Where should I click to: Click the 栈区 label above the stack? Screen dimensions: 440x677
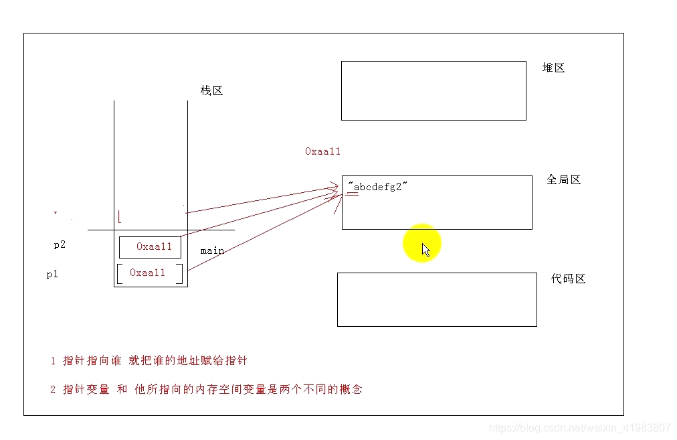(211, 90)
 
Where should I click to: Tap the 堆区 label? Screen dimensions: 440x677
(553, 68)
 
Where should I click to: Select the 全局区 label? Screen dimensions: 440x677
(563, 179)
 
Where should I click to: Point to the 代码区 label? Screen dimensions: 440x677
(568, 279)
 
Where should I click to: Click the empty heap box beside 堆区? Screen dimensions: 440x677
(433, 90)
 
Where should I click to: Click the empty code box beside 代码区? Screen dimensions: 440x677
(437, 299)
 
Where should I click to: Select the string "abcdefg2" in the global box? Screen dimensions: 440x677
(378, 187)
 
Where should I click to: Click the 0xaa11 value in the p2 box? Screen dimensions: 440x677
(154, 246)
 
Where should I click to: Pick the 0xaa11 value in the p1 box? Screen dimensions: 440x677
(147, 273)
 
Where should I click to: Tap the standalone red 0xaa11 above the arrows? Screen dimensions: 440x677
(322, 151)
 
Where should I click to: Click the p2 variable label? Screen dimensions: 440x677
(60, 244)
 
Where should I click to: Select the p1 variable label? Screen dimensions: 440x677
(52, 274)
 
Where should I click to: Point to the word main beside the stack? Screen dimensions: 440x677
(212, 250)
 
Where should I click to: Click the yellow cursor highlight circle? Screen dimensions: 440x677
(422, 244)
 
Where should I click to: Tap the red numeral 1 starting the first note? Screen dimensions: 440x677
(53, 361)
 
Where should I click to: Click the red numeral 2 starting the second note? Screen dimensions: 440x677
(53, 389)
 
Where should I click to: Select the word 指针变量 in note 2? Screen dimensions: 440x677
(86, 389)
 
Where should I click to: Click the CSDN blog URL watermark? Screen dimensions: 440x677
(579, 427)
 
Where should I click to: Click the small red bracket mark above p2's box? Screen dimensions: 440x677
(120, 216)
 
